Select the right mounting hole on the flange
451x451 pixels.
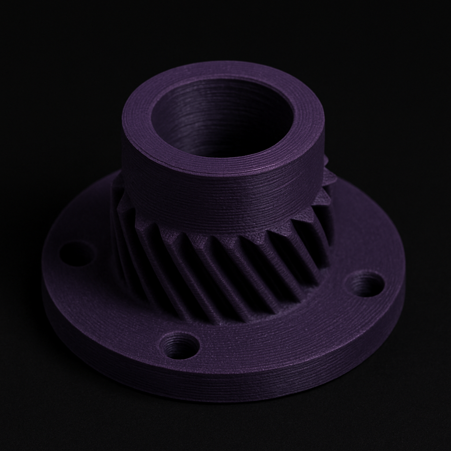(x=364, y=284)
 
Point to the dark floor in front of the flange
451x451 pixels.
(x=220, y=427)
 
